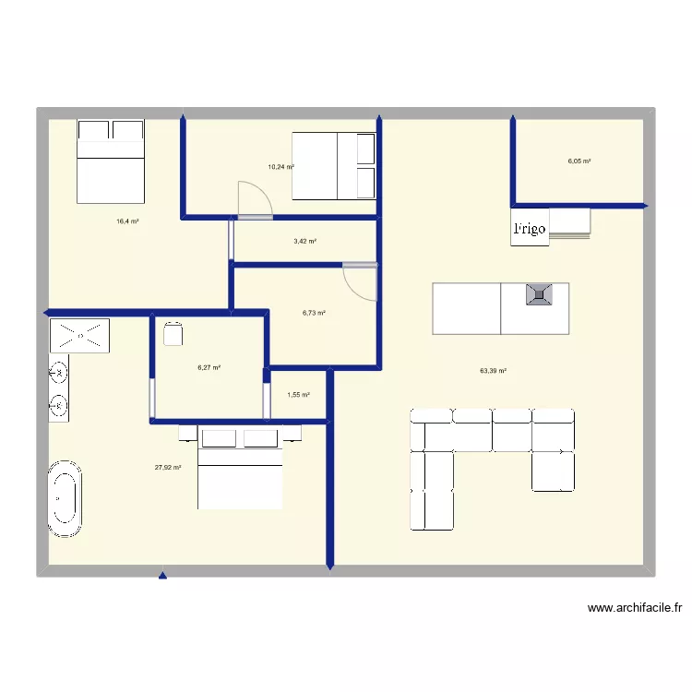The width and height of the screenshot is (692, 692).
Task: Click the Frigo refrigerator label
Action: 530,229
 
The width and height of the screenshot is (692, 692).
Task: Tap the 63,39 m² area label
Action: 493,371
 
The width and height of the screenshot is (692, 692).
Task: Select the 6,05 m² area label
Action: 579,161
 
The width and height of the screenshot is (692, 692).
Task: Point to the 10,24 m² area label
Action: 280,167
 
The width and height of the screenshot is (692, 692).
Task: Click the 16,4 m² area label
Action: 127,221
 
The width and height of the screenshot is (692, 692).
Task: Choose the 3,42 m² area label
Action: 304,242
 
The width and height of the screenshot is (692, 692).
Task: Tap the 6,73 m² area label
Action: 314,313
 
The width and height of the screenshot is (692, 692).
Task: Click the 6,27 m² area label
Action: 209,367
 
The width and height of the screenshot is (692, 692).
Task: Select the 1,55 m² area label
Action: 298,395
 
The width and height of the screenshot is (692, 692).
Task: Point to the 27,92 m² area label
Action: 168,468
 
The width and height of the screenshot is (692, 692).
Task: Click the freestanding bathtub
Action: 65,498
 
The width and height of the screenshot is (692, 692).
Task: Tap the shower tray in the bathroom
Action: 80,334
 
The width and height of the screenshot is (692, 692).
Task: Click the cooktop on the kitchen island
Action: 539,295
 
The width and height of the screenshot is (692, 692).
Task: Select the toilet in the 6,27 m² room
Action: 172,333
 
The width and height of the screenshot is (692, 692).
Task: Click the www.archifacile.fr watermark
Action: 634,609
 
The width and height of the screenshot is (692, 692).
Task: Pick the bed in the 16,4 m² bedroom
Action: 111,161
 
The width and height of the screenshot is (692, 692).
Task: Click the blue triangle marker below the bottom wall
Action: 162,577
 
